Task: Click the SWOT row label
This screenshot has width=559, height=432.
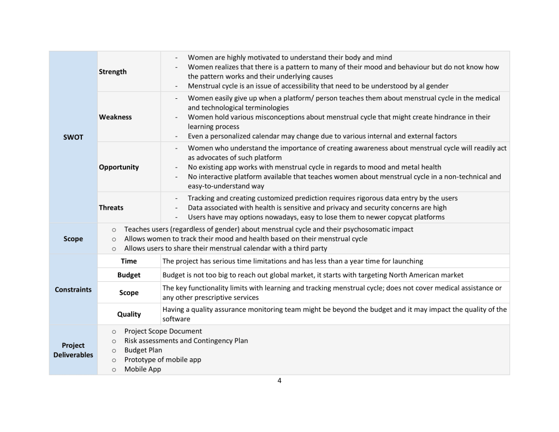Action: (73, 137)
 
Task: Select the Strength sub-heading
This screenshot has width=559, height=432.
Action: (112, 72)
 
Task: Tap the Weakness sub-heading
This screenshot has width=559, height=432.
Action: (115, 117)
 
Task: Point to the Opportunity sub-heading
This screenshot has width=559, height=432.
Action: (118, 167)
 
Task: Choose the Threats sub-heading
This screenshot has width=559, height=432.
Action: (111, 208)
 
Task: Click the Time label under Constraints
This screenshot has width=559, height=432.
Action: (129, 261)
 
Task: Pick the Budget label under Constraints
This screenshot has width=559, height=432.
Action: (129, 275)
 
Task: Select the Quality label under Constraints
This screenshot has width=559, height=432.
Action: (129, 314)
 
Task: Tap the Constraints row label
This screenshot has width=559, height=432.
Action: (73, 289)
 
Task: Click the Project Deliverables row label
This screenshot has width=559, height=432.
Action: (73, 350)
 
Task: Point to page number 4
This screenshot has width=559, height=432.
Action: (279, 381)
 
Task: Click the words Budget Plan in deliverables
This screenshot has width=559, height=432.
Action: (143, 350)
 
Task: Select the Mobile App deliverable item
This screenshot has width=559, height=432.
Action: (142, 369)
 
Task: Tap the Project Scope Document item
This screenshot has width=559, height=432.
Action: (163, 331)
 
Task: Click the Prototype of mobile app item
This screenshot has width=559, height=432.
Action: (163, 359)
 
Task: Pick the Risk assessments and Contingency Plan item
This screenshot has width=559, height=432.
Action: (186, 341)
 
